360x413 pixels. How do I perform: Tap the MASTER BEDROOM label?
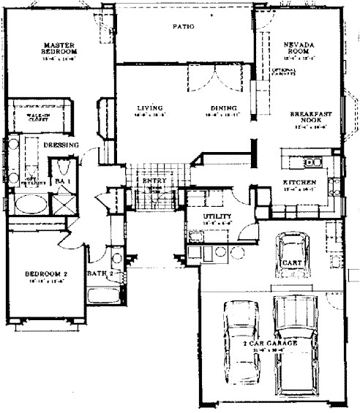[59, 48]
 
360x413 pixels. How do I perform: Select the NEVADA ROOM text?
[299, 49]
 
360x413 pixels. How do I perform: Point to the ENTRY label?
[154, 180]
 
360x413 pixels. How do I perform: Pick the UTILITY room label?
[217, 216]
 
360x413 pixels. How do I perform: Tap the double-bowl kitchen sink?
[313, 162]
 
